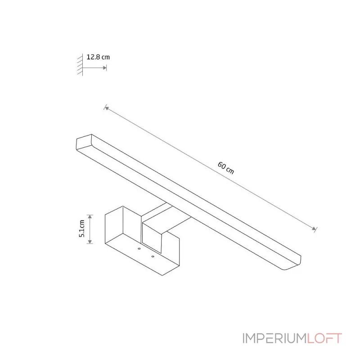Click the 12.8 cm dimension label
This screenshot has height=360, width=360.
coord(98,57)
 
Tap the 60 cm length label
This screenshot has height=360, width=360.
coord(226,168)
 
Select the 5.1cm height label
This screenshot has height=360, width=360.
coord(82,229)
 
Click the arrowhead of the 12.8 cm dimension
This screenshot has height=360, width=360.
coord(105,68)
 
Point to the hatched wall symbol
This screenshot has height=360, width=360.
coord(80,65)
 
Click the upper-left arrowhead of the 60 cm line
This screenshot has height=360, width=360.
coord(106,108)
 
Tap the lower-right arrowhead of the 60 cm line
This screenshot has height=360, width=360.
coord(314,229)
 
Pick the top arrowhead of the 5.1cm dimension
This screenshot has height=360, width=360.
coord(90,216)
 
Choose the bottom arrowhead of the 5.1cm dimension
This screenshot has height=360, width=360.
coord(90,242)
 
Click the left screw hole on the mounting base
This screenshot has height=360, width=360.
coord(139,249)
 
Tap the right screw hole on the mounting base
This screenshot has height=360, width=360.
coord(153,256)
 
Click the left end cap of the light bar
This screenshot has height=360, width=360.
coord(84,142)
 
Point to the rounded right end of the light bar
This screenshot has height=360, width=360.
coord(293,263)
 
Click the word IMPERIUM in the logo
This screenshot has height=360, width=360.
coord(274,338)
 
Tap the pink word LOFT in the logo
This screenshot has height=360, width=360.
coord(324,338)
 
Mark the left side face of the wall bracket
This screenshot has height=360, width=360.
coord(114,225)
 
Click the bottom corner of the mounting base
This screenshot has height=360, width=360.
coord(162,275)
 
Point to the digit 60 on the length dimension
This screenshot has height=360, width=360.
coord(222,165)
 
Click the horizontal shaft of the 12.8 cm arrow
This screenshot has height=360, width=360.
coord(93,68)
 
